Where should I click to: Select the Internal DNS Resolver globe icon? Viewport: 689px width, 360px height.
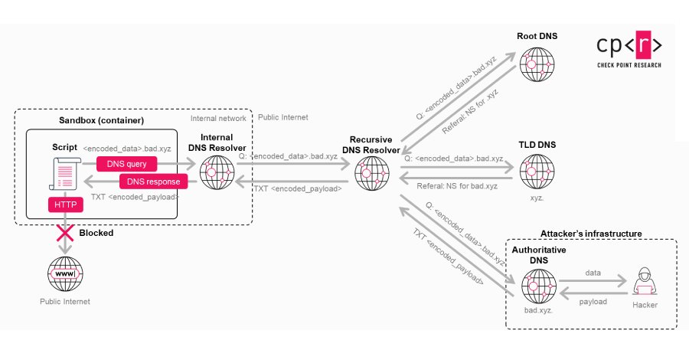click(x=219, y=172)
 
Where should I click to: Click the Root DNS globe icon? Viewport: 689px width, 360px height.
click(x=534, y=66)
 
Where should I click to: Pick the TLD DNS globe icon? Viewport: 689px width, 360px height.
click(x=534, y=169)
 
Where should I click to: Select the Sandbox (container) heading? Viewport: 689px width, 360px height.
click(x=102, y=121)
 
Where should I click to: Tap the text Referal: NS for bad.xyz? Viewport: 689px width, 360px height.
click(x=458, y=185)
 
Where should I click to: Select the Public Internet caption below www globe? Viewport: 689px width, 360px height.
click(x=64, y=302)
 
